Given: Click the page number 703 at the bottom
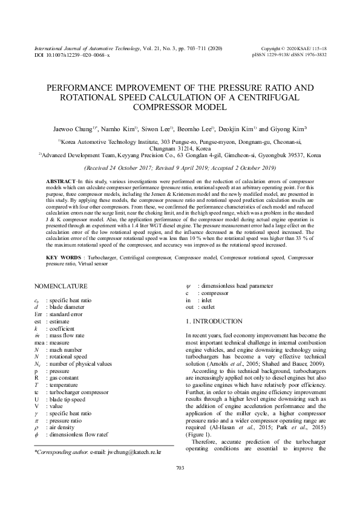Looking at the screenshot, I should click(x=179, y=485).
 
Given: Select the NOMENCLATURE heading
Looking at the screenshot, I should click(x=61, y=286).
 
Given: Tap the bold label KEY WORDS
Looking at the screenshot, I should click(x=64, y=257).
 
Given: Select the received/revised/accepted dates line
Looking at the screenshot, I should click(x=180, y=167).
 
